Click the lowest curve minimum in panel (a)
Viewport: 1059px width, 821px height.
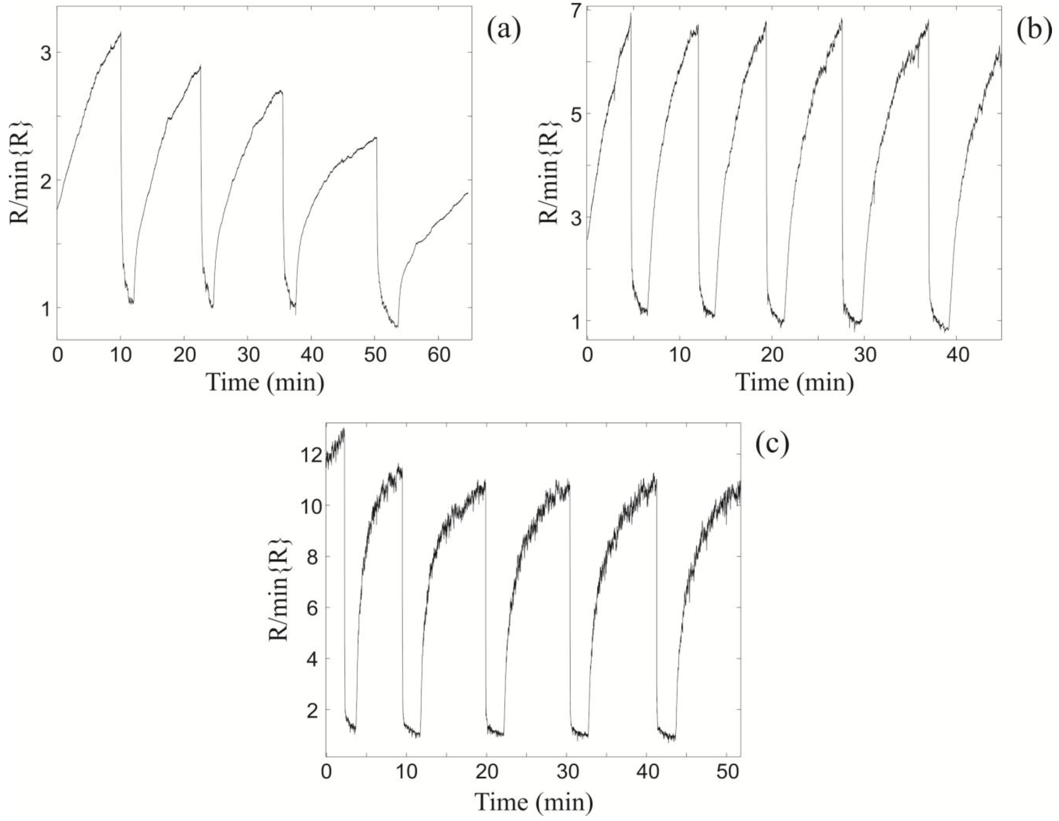397,327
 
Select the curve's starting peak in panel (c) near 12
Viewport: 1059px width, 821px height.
344,429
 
